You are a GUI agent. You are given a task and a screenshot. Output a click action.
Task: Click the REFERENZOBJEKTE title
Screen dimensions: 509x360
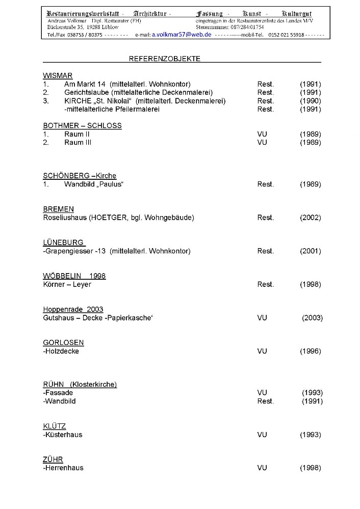165,59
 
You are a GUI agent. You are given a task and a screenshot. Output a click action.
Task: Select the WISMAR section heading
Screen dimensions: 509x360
58,75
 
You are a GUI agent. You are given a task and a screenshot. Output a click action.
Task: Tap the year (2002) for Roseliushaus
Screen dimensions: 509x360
310,218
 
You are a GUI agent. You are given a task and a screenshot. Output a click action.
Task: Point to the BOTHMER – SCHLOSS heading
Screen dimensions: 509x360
82,125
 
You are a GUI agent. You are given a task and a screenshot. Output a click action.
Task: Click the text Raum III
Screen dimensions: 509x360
78,143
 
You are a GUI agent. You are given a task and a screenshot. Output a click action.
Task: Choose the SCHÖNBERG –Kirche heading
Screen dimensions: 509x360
80,176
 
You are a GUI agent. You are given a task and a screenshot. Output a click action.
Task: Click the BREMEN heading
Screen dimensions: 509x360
58,209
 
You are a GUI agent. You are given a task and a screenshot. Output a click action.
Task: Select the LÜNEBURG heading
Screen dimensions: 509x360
64,243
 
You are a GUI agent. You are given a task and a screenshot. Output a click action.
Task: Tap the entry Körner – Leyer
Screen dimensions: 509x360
67,284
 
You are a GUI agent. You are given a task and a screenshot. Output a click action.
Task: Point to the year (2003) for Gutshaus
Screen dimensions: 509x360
312,318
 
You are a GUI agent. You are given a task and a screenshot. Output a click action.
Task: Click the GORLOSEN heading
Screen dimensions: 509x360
63,342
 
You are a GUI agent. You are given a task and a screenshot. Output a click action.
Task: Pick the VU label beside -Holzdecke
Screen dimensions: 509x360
262,351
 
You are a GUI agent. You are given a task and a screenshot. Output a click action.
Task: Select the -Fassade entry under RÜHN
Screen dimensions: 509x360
58,393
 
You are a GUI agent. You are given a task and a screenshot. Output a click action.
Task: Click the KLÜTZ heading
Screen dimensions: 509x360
54,426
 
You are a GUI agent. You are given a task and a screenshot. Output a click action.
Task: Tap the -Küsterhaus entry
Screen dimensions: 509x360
62,435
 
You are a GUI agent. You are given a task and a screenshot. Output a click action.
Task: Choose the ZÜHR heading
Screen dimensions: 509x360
53,459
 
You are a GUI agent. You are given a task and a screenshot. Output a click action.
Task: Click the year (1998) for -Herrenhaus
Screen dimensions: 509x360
310,468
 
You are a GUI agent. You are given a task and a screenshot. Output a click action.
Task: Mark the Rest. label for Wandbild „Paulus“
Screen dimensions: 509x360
265,184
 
